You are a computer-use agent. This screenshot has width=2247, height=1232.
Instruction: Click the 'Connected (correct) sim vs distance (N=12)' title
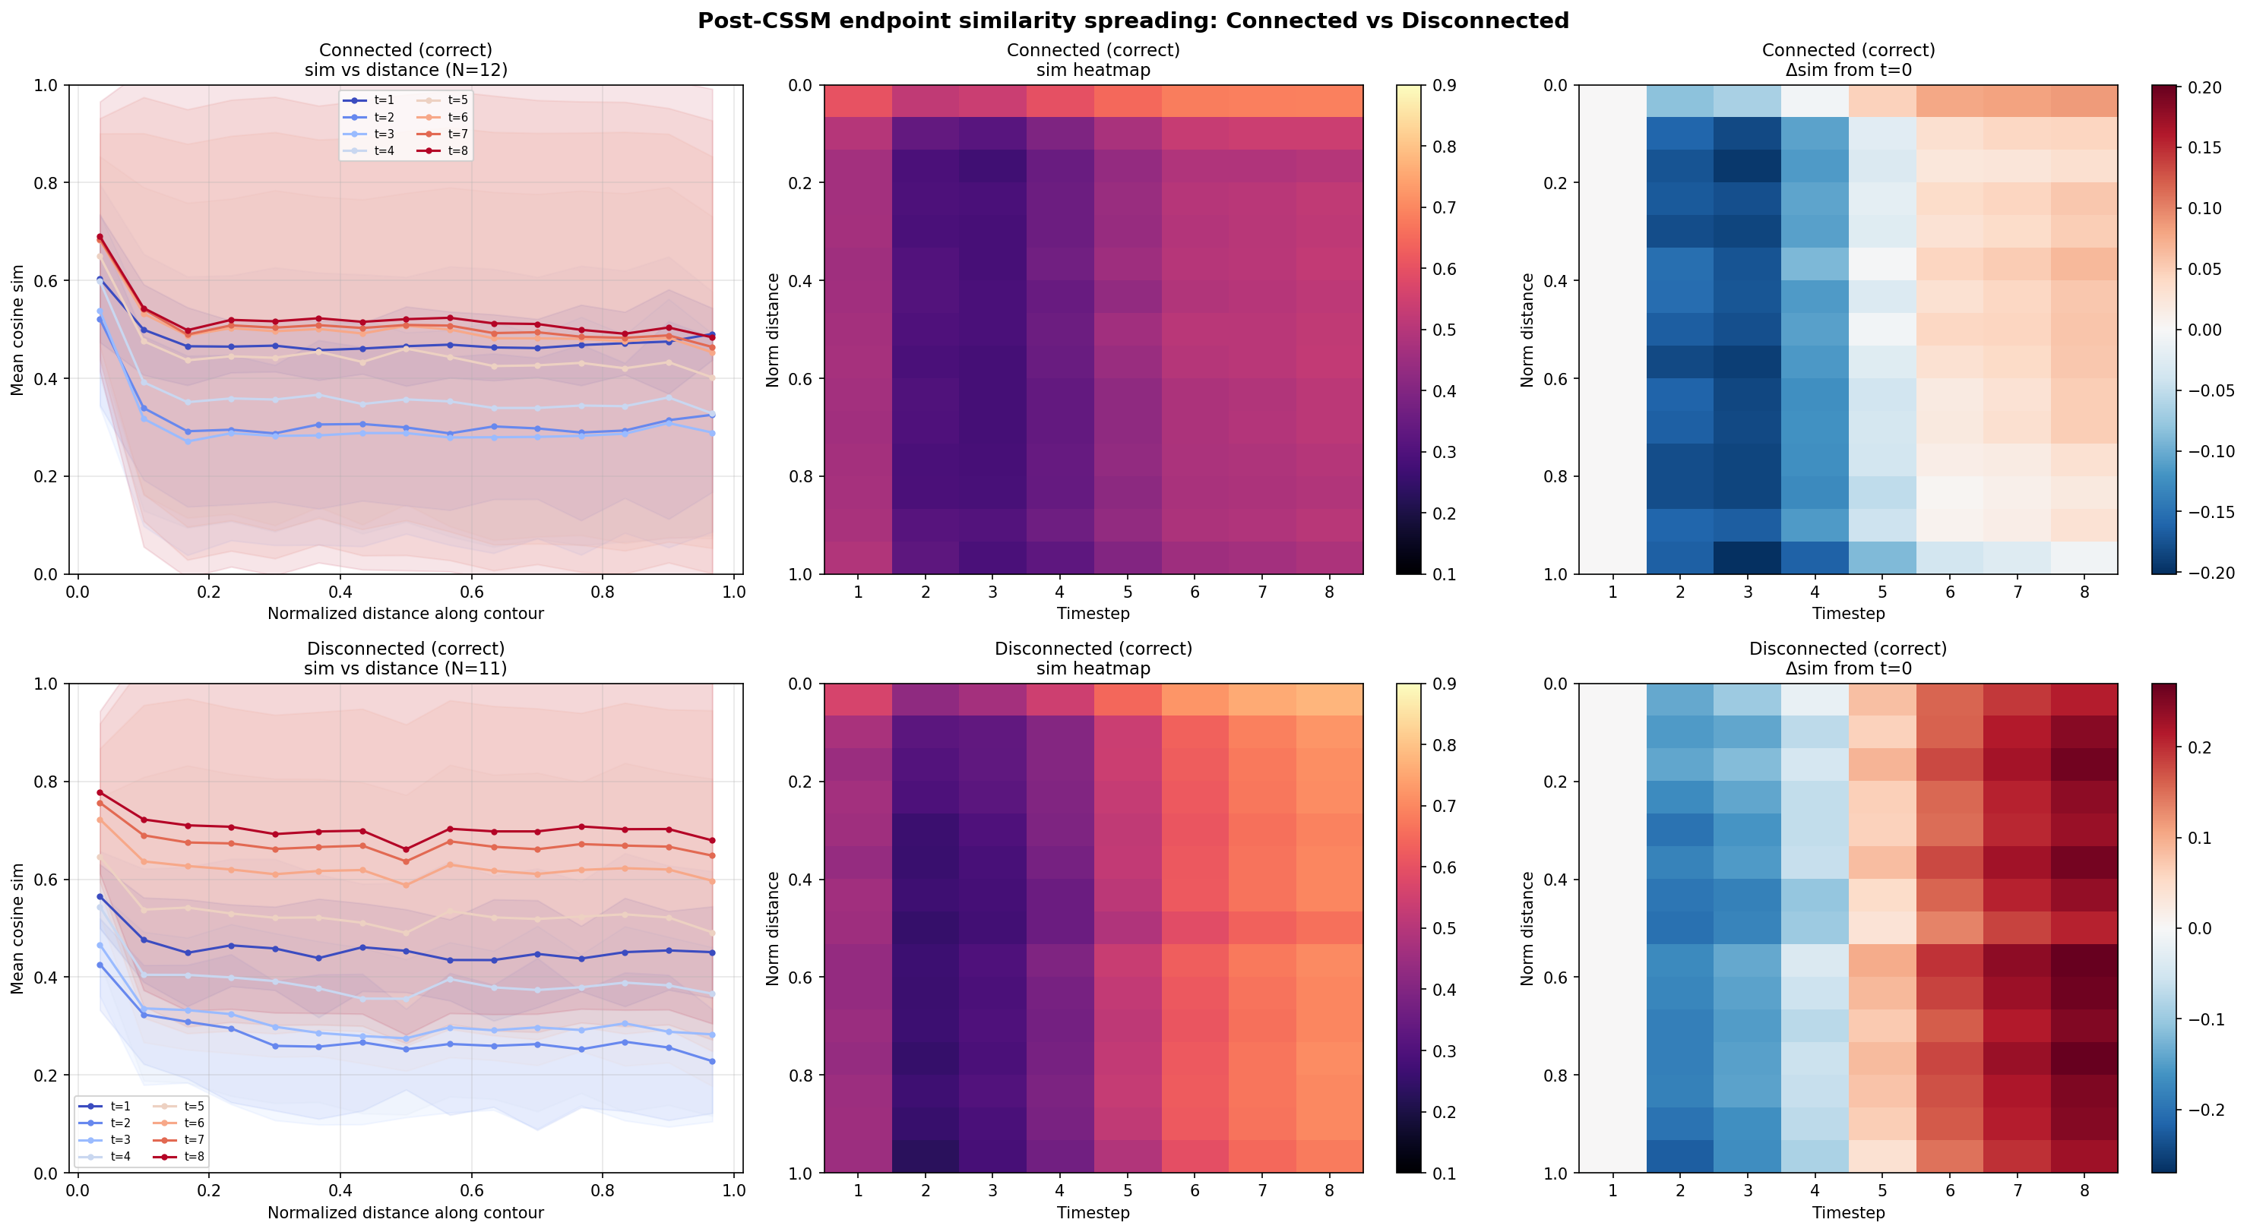[x=406, y=60]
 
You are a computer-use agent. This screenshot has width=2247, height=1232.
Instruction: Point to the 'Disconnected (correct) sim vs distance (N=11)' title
[x=406, y=659]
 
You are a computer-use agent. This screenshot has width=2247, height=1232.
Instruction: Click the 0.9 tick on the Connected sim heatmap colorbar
[x=1445, y=85]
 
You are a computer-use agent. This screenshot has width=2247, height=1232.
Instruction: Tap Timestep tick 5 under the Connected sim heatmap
[x=1127, y=592]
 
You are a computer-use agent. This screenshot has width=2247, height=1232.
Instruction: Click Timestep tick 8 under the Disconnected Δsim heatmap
[x=2084, y=1190]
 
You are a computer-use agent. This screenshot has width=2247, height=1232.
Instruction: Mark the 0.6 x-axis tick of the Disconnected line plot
[x=472, y=1190]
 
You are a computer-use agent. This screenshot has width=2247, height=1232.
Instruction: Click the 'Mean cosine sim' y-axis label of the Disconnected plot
[x=17, y=927]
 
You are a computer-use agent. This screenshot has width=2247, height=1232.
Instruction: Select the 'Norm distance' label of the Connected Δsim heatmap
[x=1527, y=330]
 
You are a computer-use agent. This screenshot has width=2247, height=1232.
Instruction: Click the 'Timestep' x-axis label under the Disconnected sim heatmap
[x=1093, y=1213]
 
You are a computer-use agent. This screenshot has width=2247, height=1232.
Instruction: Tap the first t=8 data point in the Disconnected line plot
[x=100, y=792]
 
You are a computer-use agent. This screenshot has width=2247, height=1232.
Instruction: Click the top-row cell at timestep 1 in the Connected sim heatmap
[x=859, y=101]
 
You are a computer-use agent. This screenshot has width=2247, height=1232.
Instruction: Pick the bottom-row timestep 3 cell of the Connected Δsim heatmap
[x=1747, y=558]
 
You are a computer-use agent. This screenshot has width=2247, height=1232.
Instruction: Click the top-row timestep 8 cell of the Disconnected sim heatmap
[x=1329, y=700]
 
